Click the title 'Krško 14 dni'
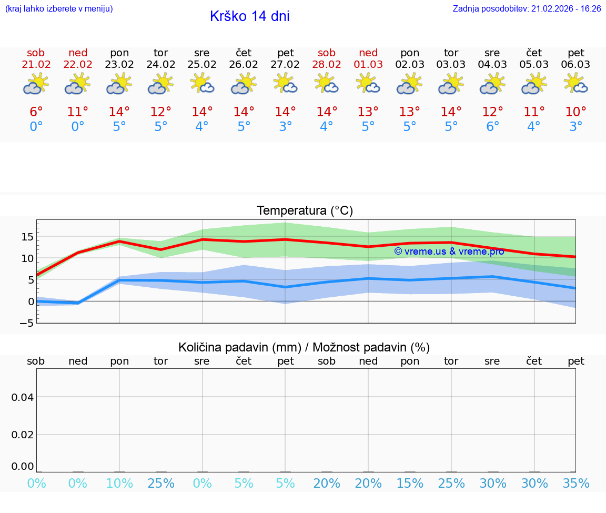(x=249, y=16)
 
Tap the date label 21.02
(x=36, y=65)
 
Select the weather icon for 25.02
(x=202, y=84)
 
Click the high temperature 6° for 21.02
(x=36, y=112)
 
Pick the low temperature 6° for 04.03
(x=492, y=127)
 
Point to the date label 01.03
(x=368, y=65)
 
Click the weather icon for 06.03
(x=575, y=84)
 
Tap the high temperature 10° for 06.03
(x=575, y=112)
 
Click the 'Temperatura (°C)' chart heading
(x=305, y=210)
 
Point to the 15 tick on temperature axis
(x=27, y=237)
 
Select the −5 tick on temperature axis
(x=27, y=323)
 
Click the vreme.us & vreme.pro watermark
(x=449, y=252)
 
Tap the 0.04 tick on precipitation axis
(x=23, y=397)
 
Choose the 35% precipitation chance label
(x=575, y=484)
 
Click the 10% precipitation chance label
(x=119, y=484)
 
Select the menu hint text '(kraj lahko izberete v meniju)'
(x=59, y=8)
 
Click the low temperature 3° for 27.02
(x=285, y=127)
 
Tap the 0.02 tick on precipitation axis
(x=23, y=435)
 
